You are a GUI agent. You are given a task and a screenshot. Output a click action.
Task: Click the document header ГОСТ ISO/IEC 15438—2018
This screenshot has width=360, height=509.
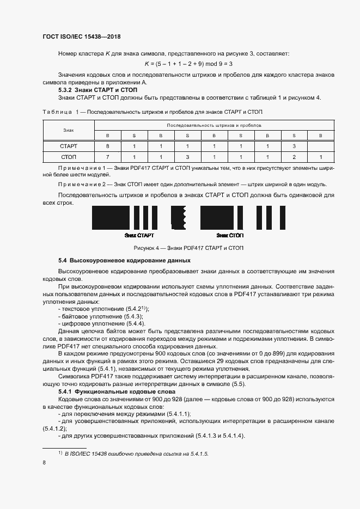point(81,37)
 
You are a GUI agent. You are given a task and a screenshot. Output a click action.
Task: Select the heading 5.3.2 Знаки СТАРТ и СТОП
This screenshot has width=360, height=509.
point(97,89)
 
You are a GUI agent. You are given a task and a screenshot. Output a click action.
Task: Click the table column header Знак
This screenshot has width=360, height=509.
point(68,130)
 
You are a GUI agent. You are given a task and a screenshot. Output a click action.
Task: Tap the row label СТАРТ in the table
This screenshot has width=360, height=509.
point(68,146)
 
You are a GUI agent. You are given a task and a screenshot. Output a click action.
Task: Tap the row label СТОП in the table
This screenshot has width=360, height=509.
point(68,157)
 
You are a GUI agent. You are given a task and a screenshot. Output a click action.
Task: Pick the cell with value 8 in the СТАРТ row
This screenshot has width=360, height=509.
point(107,146)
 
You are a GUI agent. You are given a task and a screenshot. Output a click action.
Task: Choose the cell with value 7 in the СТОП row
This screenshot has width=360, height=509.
point(107,157)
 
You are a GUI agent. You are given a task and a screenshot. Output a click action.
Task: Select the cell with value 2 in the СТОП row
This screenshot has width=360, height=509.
point(294,157)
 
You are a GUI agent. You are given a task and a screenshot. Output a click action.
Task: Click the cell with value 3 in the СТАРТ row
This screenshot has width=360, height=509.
point(294,146)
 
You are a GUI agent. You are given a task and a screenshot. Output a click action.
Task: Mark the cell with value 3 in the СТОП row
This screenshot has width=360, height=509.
point(187,157)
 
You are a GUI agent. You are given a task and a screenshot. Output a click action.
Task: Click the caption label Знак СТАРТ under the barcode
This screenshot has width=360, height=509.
point(139,235)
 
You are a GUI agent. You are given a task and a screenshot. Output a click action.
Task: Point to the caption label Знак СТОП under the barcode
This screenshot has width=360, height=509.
point(230,235)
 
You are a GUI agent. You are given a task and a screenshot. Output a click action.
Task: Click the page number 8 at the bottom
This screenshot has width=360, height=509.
point(44,463)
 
